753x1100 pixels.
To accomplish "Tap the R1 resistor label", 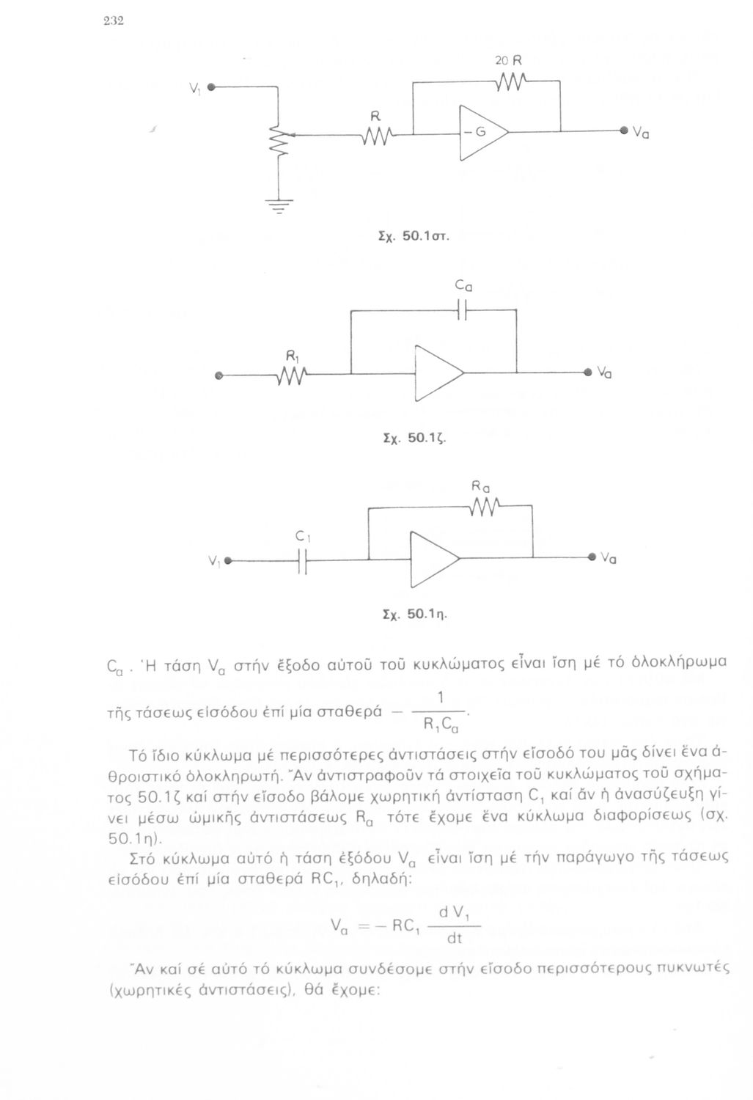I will [x=290, y=356].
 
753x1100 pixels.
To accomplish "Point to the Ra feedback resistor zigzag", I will [x=486, y=505].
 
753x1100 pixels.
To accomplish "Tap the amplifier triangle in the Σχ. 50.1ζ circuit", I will [x=438, y=373].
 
